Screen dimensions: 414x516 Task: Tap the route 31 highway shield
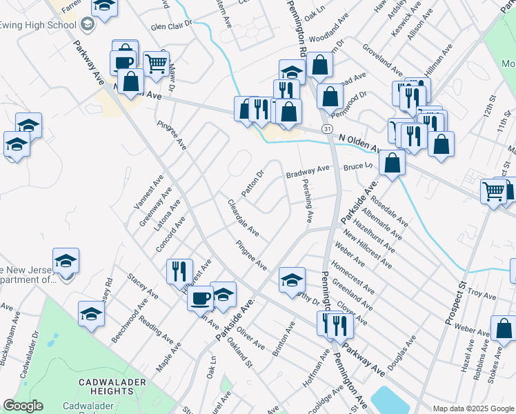[328, 129]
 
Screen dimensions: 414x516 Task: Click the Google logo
[23, 406]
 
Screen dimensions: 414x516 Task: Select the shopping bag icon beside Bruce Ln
[392, 164]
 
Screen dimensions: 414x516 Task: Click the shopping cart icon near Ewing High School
[156, 63]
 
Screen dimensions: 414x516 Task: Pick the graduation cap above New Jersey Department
[66, 260]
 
